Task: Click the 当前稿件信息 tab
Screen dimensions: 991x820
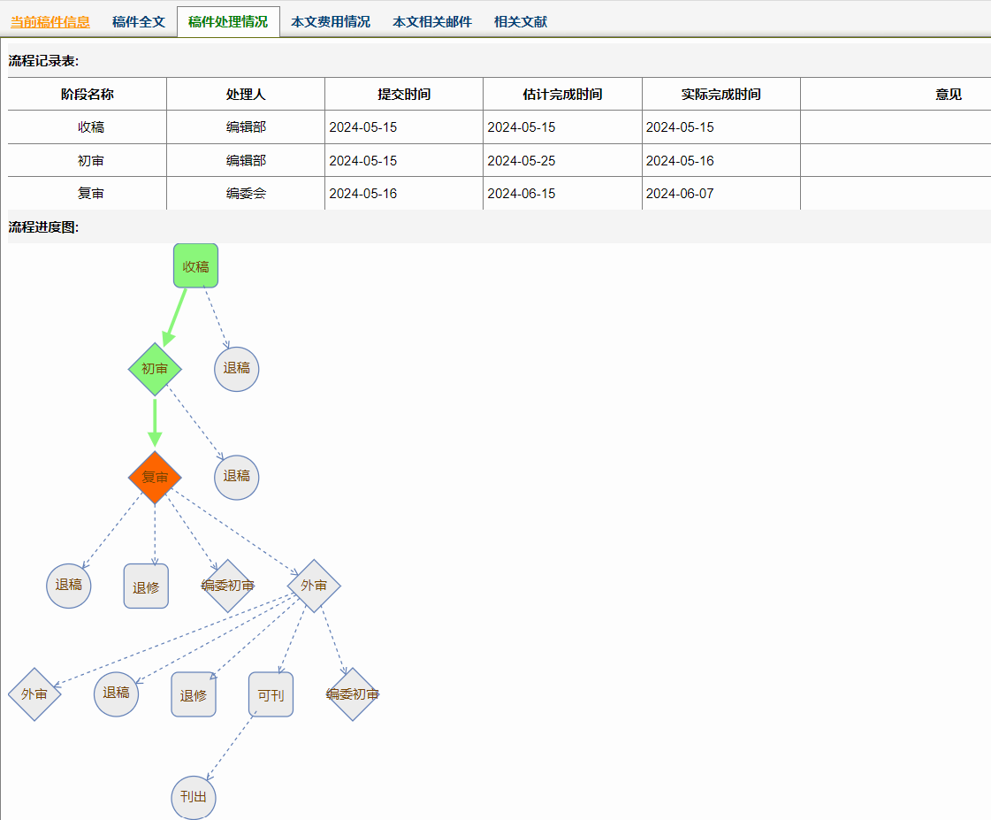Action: [x=50, y=21]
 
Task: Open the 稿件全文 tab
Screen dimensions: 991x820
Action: [x=139, y=21]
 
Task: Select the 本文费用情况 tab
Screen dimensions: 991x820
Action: [x=331, y=21]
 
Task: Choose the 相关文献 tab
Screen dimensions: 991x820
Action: [x=520, y=21]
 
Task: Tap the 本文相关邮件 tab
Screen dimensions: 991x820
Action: [x=432, y=21]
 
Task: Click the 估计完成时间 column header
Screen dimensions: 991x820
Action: [x=562, y=94]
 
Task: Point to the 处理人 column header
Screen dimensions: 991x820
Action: [x=246, y=94]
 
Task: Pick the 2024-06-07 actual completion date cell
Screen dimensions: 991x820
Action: [x=680, y=194]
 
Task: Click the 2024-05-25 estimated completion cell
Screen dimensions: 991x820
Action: [x=522, y=161]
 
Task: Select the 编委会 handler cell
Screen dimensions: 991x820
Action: [x=246, y=194]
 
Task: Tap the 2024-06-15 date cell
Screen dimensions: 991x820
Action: [x=522, y=194]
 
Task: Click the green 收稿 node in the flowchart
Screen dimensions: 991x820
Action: [x=196, y=266]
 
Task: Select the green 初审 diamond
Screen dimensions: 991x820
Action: [x=155, y=369]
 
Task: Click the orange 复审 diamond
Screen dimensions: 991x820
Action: [x=155, y=478]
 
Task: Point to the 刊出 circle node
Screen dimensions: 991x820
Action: [x=194, y=797]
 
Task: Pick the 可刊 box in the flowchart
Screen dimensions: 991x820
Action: [x=271, y=694]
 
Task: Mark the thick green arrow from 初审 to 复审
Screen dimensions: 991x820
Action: [x=155, y=423]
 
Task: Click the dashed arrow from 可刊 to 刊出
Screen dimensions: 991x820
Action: [x=232, y=746]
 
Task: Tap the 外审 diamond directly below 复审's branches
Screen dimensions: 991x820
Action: [x=314, y=586]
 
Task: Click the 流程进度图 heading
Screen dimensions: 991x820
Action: [x=43, y=227]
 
